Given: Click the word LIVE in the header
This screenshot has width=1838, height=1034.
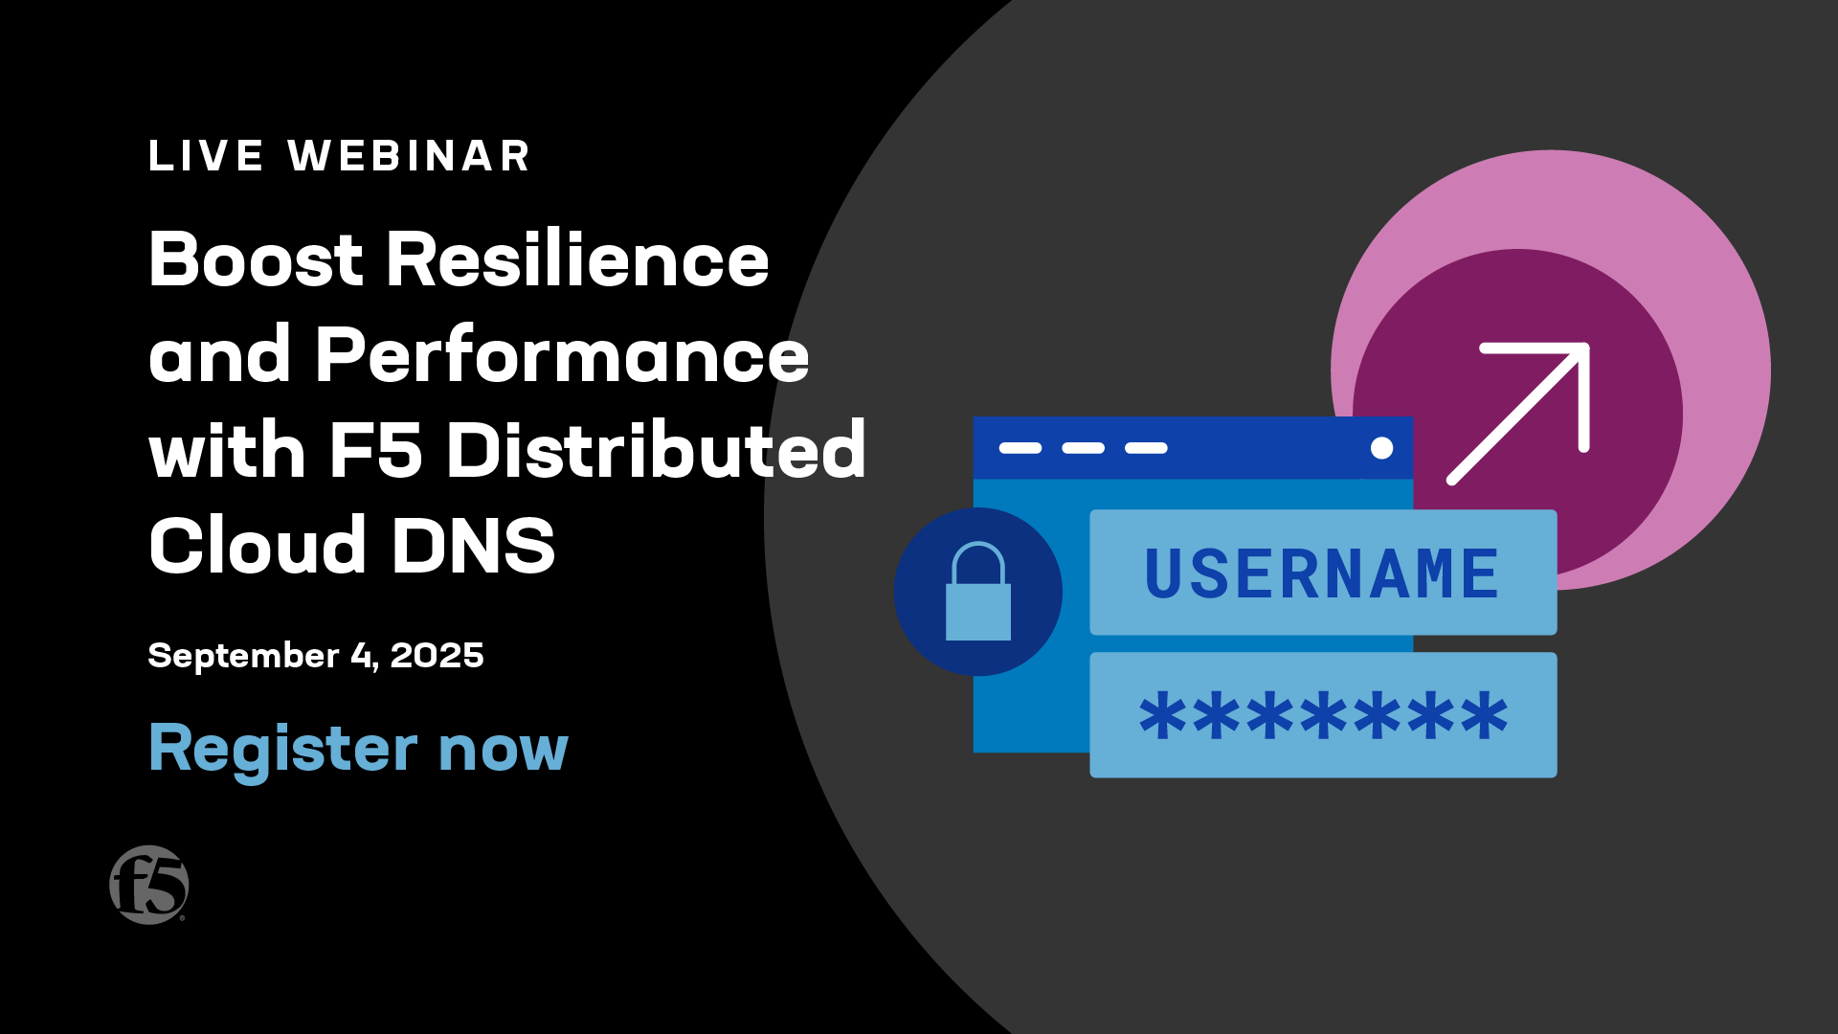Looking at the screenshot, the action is pos(206,156).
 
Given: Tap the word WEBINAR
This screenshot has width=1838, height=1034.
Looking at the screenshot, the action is pos(409,156).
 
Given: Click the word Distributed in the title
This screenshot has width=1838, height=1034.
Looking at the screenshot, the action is pos(656,450).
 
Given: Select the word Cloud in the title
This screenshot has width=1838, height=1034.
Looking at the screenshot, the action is pos(258,545).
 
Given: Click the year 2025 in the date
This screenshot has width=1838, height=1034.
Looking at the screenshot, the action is pos(437,656).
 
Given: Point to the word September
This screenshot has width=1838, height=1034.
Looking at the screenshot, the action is pos(243,657).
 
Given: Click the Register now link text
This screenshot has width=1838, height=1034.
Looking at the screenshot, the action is pos(359,750).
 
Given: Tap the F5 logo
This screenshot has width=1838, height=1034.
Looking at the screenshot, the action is pos(148,885).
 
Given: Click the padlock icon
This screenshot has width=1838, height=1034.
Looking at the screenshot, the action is pos(978,592).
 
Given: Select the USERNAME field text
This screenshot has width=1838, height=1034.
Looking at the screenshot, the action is pos(1322,574).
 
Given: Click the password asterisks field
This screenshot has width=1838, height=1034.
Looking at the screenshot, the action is pos(1323,715).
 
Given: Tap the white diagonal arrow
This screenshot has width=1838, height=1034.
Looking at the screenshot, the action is pos(1518,414).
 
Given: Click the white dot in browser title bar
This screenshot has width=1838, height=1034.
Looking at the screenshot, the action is pos(1381,448).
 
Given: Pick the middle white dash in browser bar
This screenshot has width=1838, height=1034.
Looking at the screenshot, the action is pos(1084,448).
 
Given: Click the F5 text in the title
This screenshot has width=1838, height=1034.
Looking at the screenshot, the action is pos(375,450).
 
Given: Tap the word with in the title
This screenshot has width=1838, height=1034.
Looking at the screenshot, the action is pos(227,450).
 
